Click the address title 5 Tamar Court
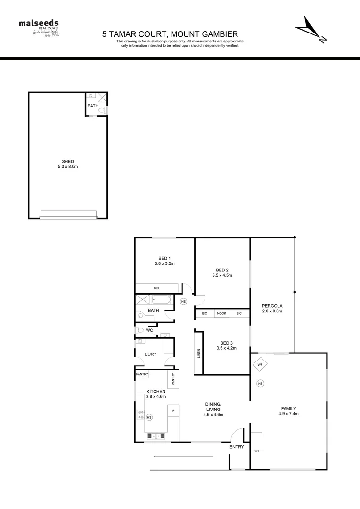(170, 34)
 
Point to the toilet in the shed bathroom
(104, 110)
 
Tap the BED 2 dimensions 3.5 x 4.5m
(222, 275)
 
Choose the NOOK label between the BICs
(221, 313)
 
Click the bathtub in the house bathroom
(162, 300)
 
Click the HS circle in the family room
(260, 384)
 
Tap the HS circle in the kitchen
(149, 417)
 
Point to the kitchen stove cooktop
(140, 415)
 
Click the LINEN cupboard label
(199, 353)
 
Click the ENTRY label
(237, 447)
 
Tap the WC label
(150, 330)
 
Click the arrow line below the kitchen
(183, 456)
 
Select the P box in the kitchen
(173, 410)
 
